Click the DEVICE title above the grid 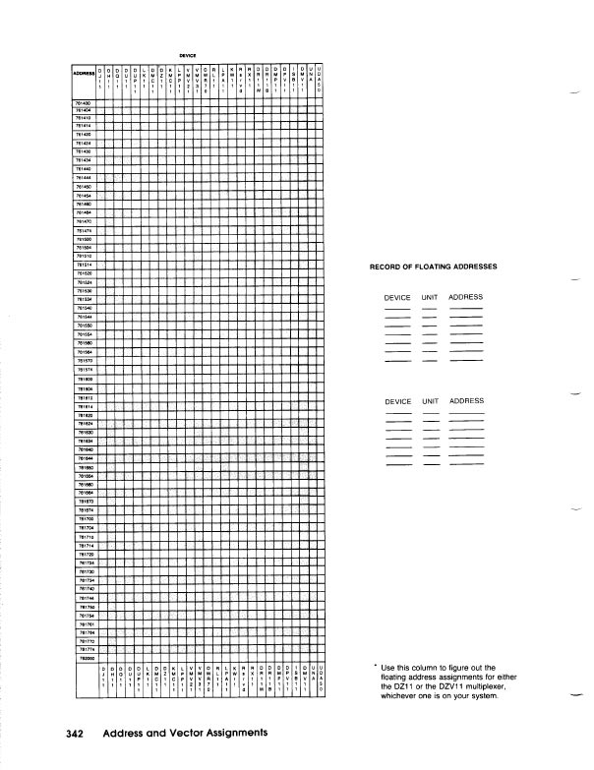[x=188, y=55]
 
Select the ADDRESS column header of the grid [x=83, y=72]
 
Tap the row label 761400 [x=82, y=102]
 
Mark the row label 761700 [x=82, y=517]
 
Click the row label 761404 [x=82, y=109]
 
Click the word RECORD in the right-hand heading [x=386, y=267]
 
